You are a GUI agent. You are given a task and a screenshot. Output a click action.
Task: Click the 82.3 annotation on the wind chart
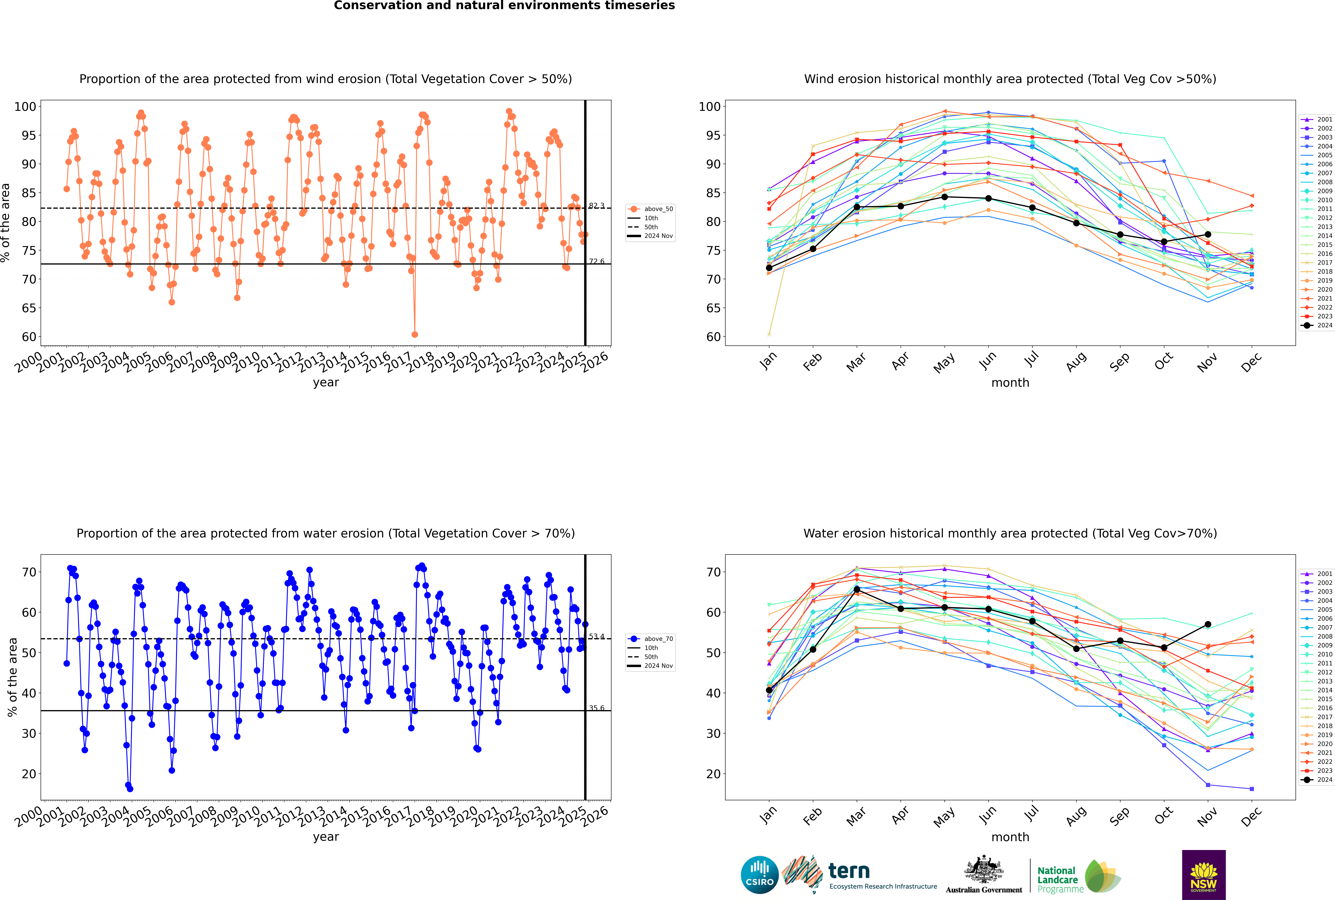coord(596,206)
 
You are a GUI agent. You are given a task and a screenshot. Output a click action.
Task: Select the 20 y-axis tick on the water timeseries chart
coord(29,774)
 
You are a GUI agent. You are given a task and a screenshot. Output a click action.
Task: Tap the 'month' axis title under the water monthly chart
coord(1010,837)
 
